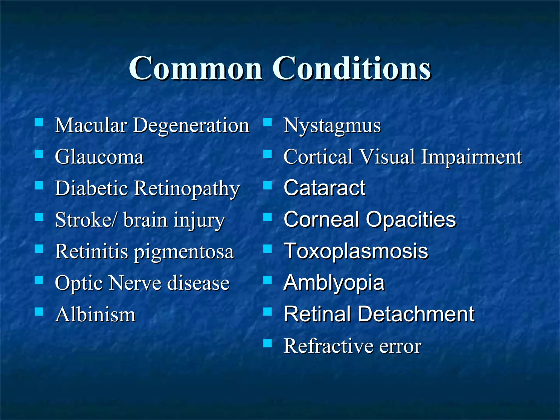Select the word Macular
click(x=91, y=126)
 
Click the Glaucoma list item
click(x=99, y=157)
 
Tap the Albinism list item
click(x=95, y=315)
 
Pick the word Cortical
click(x=318, y=157)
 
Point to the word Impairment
click(x=471, y=157)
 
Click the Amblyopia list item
click(x=334, y=283)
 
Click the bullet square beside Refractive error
click(x=267, y=343)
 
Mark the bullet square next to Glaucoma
click(x=39, y=154)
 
